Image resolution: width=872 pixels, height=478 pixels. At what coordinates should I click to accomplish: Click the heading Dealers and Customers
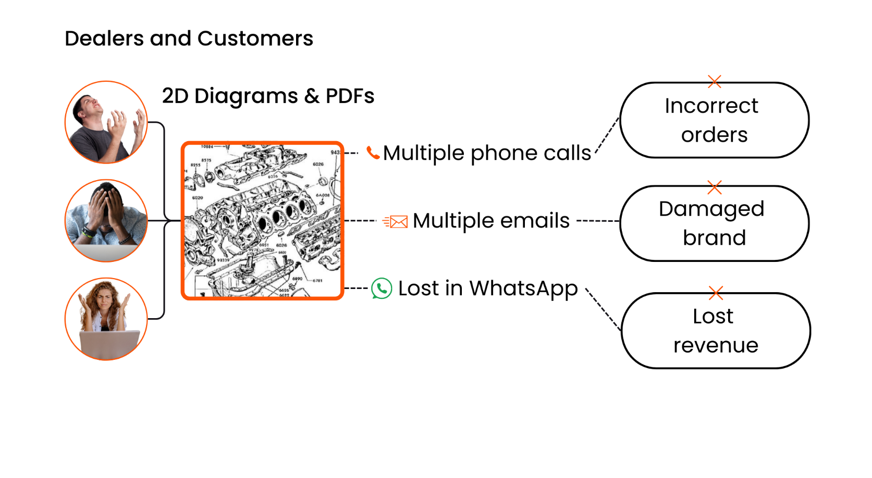(189, 39)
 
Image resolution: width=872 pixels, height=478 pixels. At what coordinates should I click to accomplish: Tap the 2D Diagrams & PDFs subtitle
(268, 96)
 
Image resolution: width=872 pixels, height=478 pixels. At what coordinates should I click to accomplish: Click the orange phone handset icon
(373, 153)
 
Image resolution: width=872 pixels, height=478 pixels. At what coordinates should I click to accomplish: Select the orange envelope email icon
(396, 222)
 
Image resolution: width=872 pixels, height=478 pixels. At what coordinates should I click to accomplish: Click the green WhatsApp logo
(382, 288)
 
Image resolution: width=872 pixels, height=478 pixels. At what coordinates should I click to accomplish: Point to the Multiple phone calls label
(487, 153)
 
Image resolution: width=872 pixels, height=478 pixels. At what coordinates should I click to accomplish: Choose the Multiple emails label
(491, 221)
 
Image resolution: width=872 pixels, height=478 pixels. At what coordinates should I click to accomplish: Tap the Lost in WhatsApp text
(488, 288)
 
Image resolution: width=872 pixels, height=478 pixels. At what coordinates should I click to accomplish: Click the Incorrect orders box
(714, 120)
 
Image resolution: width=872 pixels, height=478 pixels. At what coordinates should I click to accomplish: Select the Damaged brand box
(714, 223)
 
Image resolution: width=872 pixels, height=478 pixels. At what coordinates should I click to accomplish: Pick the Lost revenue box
(715, 331)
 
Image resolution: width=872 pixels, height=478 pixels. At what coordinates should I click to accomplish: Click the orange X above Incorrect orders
(715, 81)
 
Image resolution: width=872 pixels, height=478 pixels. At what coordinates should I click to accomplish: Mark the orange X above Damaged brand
(715, 187)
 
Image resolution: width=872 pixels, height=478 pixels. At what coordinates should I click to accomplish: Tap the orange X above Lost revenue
(716, 293)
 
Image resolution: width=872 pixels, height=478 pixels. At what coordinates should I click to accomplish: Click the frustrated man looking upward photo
(106, 122)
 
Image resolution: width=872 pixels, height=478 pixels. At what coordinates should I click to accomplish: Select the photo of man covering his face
(106, 220)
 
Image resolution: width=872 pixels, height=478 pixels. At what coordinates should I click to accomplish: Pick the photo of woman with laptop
(106, 319)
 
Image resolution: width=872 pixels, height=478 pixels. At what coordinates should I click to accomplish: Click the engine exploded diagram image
(262, 221)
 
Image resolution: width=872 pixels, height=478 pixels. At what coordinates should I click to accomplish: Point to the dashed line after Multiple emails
(598, 221)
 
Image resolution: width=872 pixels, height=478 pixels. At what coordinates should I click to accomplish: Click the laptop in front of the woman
(109, 344)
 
